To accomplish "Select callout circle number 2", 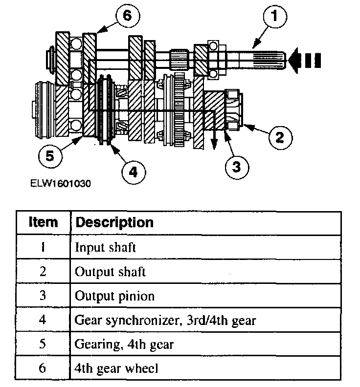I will click(279, 136).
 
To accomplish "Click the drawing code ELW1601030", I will click(60, 184).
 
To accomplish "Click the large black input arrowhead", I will click(295, 60).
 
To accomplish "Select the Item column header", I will click(43, 222).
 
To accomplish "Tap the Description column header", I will click(114, 222).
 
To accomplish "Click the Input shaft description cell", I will click(105, 247).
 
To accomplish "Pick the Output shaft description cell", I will click(110, 272).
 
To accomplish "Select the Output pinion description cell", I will click(114, 296).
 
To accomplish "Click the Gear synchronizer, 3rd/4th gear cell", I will click(165, 321).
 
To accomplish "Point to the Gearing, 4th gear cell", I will click(124, 344).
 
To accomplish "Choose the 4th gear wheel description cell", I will click(117, 369).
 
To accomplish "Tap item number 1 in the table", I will click(43, 247).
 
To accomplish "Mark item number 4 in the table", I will click(43, 321).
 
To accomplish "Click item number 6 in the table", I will click(43, 369).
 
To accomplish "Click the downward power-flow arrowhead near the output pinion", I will click(213, 145).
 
